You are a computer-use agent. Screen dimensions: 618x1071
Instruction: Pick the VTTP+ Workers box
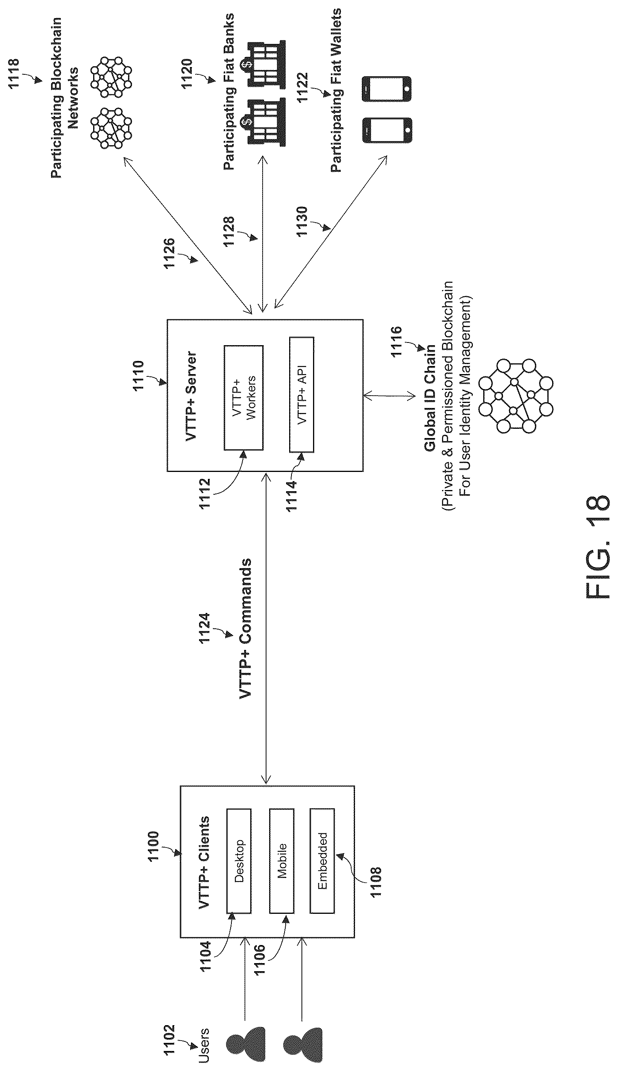[x=244, y=398]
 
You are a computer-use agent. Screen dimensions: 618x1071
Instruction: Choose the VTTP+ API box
[x=301, y=394]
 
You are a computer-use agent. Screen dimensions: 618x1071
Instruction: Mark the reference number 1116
[x=395, y=342]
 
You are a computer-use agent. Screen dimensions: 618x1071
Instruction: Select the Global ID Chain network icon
[x=515, y=396]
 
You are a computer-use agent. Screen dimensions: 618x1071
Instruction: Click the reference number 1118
[x=14, y=74]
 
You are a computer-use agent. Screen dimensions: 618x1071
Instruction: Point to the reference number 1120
[x=187, y=74]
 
